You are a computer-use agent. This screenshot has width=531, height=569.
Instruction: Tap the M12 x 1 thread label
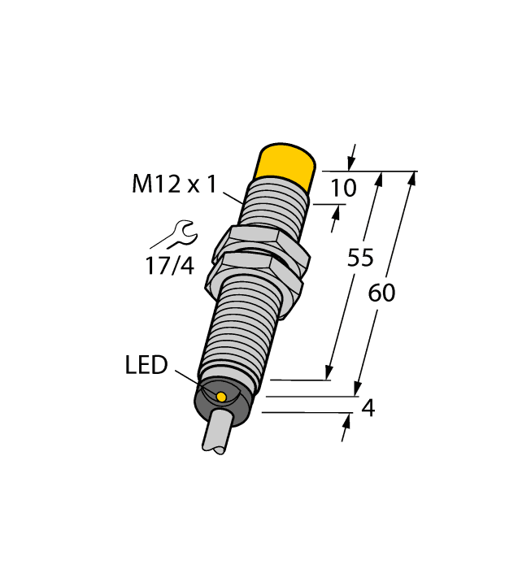coord(174,185)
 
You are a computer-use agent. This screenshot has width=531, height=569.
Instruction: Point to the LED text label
coord(146,366)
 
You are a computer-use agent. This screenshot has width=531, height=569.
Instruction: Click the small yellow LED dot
coord(221,396)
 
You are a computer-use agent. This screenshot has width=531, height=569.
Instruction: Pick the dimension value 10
coord(343,189)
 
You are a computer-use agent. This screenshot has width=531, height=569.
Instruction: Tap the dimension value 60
coord(381,293)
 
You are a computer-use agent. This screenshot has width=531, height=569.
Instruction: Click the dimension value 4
coord(368,409)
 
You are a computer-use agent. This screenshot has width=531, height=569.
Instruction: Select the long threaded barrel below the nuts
coord(240,325)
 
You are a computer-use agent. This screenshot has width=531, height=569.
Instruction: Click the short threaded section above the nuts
coord(273,207)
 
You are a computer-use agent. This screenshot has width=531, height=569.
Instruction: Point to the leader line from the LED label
coord(194,381)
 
